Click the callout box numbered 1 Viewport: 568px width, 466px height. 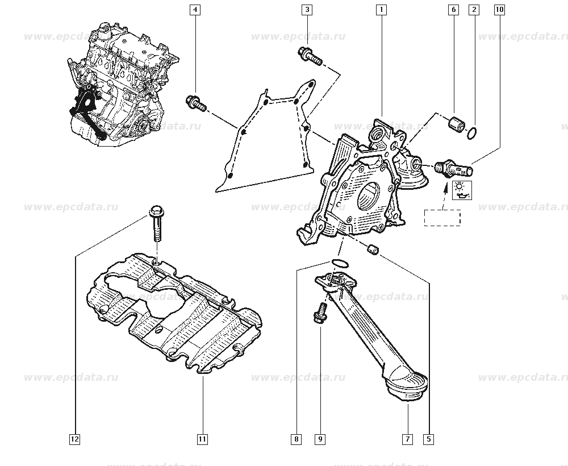click(381, 10)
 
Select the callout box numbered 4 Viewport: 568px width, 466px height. click(195, 10)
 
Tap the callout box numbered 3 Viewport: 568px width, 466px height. click(307, 10)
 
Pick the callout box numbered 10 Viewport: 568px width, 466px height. click(499, 10)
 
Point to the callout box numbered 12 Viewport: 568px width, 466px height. click(75, 439)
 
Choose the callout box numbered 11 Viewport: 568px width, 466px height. click(202, 439)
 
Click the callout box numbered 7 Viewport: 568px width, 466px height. click(407, 439)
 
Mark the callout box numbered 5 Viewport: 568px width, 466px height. click(429, 439)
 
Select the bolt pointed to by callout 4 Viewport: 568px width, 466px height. click(195, 103)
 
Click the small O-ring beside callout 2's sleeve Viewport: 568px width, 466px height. click(471, 134)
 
